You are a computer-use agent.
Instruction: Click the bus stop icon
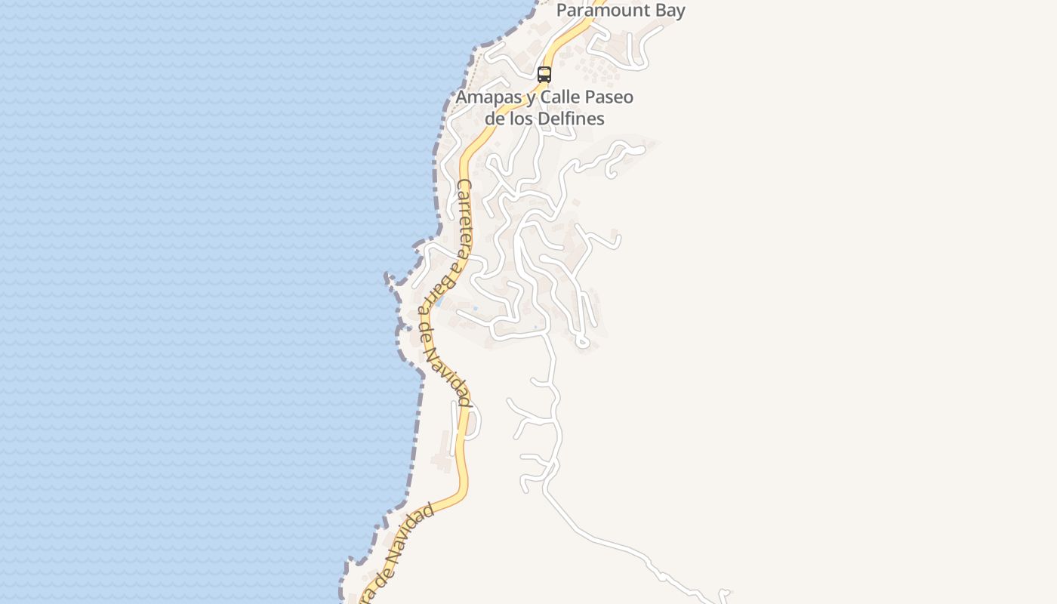click(544, 75)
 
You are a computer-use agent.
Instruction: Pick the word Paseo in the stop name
click(611, 97)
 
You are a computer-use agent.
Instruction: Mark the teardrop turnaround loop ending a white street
click(582, 344)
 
